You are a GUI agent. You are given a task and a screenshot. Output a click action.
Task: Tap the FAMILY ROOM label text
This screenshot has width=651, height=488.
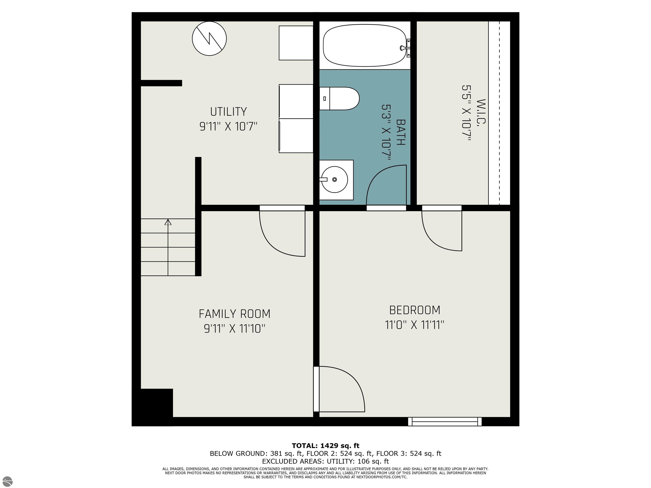point(234,314)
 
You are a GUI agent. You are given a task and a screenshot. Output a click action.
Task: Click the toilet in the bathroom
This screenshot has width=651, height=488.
point(340,98)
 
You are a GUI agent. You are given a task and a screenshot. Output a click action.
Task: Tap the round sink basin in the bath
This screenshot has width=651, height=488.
point(335,179)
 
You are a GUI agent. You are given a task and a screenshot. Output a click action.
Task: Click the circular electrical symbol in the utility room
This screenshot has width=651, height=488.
point(209,38)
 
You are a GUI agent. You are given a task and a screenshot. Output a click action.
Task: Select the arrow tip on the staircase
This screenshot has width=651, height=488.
point(168,222)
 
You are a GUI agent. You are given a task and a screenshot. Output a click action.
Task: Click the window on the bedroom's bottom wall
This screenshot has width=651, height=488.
point(445,421)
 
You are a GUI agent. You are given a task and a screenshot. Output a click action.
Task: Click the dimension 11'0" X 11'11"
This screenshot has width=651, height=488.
point(414,325)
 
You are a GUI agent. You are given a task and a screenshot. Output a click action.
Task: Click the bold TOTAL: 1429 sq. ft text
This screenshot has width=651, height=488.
point(325,445)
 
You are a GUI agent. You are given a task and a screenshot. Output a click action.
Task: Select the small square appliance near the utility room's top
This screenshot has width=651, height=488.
point(296,43)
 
